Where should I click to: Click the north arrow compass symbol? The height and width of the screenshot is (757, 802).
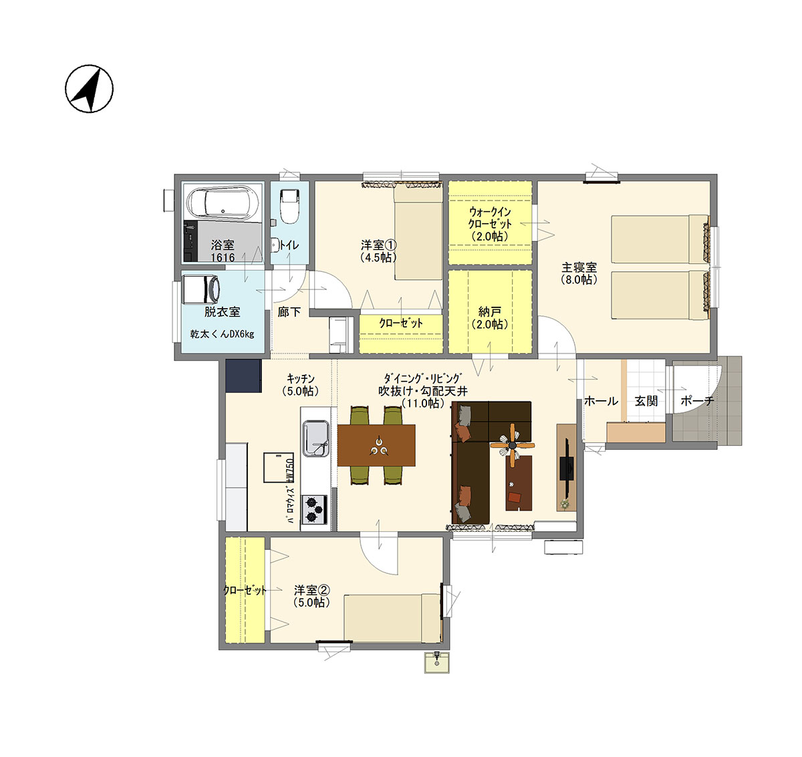(89, 89)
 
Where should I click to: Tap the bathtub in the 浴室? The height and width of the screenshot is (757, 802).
(223, 204)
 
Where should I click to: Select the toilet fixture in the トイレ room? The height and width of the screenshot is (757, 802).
(289, 206)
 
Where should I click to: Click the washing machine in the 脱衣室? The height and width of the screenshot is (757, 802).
(201, 289)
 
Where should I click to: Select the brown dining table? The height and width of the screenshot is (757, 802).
(376, 446)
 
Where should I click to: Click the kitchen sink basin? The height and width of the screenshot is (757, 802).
(316, 438)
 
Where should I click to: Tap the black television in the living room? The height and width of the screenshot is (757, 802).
(567, 468)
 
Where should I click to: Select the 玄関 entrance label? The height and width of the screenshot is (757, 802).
(646, 401)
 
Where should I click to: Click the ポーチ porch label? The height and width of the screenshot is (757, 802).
(698, 401)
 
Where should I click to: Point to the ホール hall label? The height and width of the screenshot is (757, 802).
(601, 401)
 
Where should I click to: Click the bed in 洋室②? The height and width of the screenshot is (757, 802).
(392, 618)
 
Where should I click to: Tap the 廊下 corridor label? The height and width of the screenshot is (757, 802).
(289, 311)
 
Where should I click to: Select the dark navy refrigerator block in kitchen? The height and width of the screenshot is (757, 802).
(243, 376)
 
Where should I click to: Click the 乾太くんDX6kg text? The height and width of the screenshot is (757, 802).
(222, 334)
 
